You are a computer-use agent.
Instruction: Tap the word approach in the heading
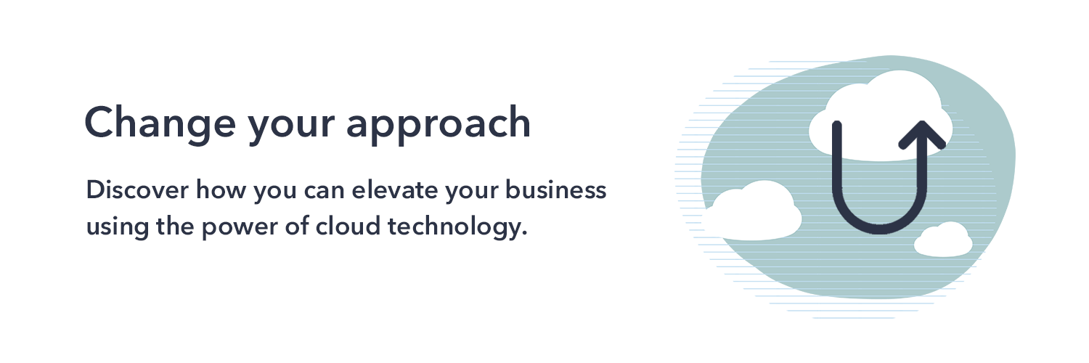coord(438,126)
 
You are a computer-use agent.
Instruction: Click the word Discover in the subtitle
coord(137,189)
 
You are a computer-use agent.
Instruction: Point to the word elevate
coord(395,189)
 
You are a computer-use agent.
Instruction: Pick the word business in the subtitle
coord(555,189)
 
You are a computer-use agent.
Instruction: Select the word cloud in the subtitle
coord(348,226)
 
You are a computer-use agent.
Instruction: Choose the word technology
coord(457,227)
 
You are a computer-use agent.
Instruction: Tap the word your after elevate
coord(472,192)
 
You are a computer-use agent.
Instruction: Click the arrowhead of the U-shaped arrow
coord(922,133)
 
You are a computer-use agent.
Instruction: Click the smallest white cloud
coord(943,240)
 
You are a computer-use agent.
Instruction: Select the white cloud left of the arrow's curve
coord(753,211)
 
